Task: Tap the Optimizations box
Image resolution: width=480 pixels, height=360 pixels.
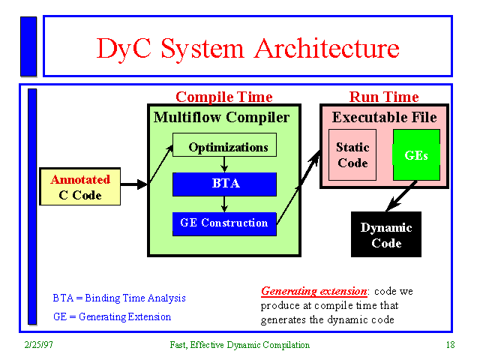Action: point(225,145)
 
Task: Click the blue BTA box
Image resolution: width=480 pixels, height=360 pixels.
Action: point(224,184)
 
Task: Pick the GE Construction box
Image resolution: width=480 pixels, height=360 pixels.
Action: point(224,223)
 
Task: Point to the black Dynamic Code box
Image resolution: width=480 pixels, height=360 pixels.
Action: point(386,235)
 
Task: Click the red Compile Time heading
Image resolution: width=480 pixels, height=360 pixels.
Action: point(223,97)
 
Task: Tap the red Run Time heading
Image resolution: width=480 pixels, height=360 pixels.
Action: point(384,97)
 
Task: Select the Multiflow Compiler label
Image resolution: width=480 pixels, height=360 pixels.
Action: point(221,118)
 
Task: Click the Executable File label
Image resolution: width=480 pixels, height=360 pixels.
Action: point(384,118)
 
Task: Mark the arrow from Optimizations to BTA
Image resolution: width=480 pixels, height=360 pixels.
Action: point(224,164)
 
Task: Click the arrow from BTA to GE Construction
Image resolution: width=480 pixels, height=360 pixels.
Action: point(224,203)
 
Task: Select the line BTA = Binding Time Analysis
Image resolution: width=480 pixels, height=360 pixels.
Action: point(119,298)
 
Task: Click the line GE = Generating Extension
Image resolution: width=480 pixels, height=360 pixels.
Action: point(112,316)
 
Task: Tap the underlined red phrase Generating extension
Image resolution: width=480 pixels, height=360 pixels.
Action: point(313,291)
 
